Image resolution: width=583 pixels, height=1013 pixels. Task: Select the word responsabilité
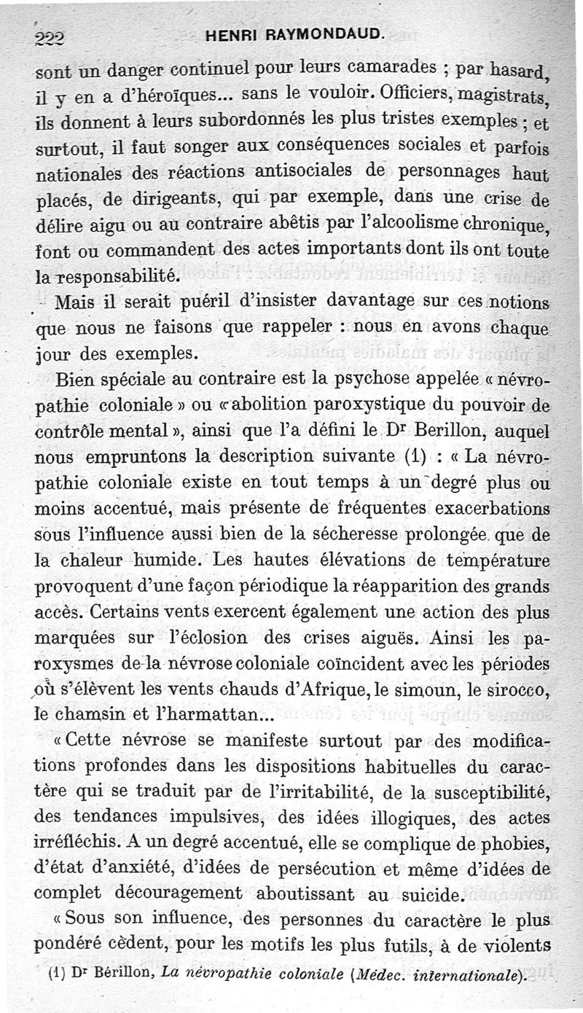(125, 276)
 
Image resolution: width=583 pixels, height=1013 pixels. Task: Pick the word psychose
(390, 380)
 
